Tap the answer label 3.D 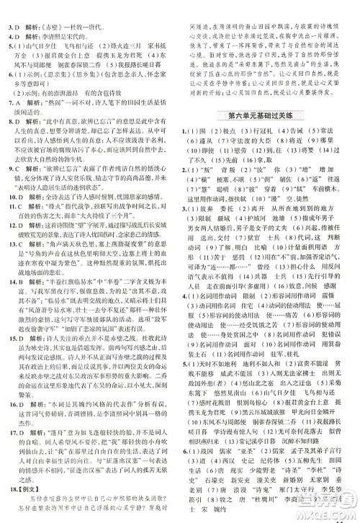[x=12, y=7]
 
